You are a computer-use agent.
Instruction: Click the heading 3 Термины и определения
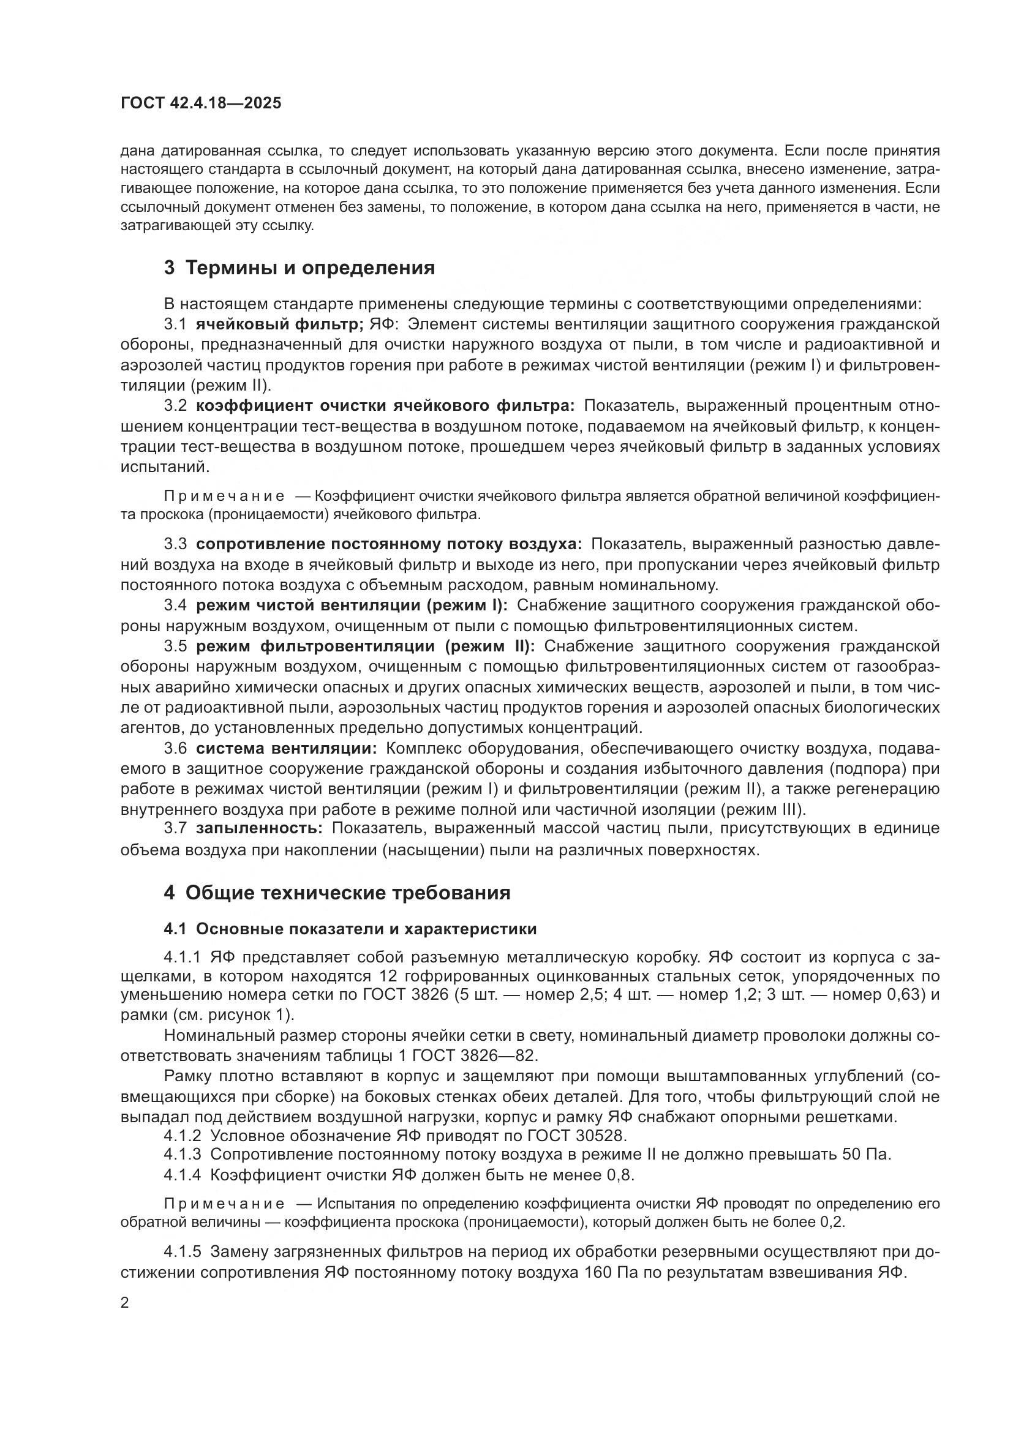point(299,268)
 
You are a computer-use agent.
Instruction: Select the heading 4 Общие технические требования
point(337,893)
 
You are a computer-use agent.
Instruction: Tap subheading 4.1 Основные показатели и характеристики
point(350,929)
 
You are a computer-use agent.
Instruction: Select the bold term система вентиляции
point(286,748)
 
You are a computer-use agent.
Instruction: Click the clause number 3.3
point(175,544)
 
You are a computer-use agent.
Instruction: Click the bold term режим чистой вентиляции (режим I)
point(352,605)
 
